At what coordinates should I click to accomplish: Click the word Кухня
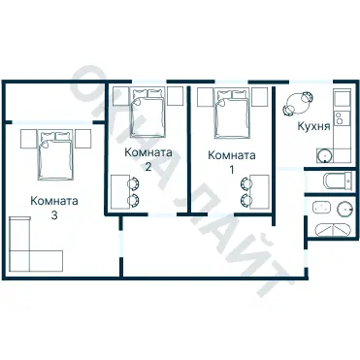point(313,126)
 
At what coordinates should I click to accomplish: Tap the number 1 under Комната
point(231,170)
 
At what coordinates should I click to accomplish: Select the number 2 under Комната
point(147,167)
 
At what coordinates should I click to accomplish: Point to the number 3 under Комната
point(54,215)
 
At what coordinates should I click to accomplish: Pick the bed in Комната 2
point(147,113)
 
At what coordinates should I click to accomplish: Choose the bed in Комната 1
point(232,114)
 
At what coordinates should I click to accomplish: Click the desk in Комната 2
point(119,191)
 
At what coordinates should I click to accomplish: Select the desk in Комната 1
point(260,191)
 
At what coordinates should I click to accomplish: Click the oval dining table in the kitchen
point(298,103)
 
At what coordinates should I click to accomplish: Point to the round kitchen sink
point(324,155)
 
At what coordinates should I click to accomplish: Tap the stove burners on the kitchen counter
point(339,118)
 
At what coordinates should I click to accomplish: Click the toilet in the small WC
point(338,180)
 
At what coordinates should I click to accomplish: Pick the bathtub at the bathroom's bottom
point(332,230)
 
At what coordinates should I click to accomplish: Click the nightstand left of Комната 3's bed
point(28,139)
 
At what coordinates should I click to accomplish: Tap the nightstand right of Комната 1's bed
point(259,97)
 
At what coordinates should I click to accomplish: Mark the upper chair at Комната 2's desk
point(133,183)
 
